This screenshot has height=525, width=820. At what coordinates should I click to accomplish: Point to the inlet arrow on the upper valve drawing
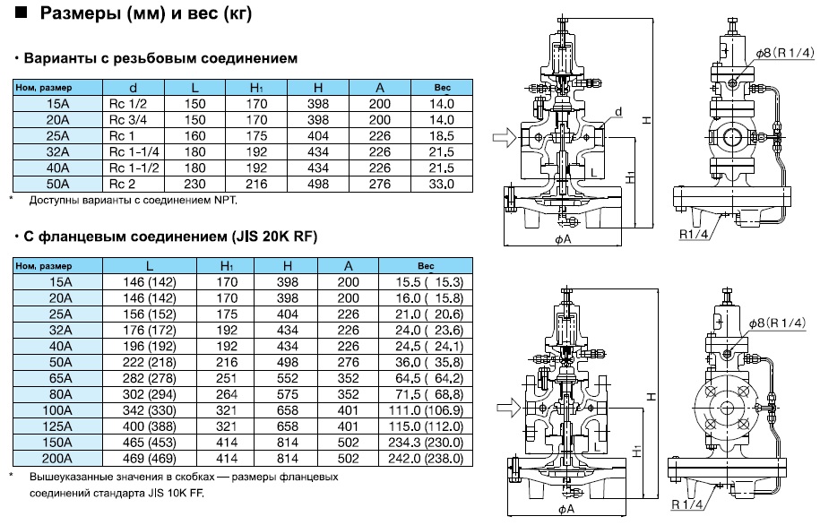(503, 137)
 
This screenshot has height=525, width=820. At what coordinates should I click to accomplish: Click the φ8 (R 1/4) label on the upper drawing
(784, 54)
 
